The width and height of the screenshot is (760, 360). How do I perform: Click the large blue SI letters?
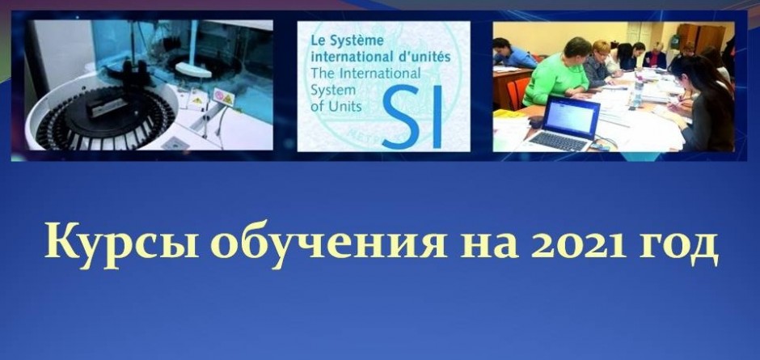pyautogui.click(x=412, y=116)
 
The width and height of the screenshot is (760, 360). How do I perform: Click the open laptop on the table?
pyautogui.click(x=564, y=125)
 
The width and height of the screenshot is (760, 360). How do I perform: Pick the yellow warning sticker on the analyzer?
pyautogui.click(x=223, y=97)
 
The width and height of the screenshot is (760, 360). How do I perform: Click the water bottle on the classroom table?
pyautogui.click(x=638, y=91)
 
